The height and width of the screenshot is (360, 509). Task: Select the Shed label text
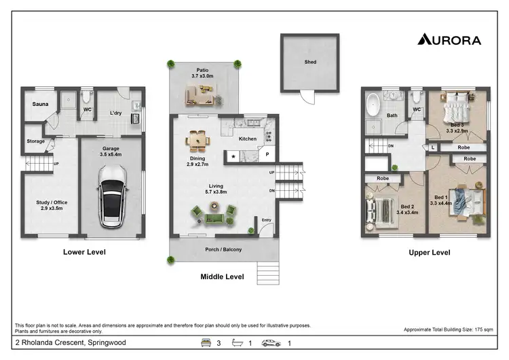309,62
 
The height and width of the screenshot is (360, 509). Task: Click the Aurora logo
449,39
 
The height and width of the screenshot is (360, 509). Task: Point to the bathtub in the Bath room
373,104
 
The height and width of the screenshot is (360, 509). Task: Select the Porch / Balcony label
223,249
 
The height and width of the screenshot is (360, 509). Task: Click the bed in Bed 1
468,201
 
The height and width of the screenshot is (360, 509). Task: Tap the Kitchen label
248,139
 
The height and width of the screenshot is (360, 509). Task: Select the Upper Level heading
429,252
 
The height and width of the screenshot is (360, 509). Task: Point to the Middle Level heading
222,276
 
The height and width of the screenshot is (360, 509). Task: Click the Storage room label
36,141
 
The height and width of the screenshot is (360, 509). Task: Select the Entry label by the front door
265,219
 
